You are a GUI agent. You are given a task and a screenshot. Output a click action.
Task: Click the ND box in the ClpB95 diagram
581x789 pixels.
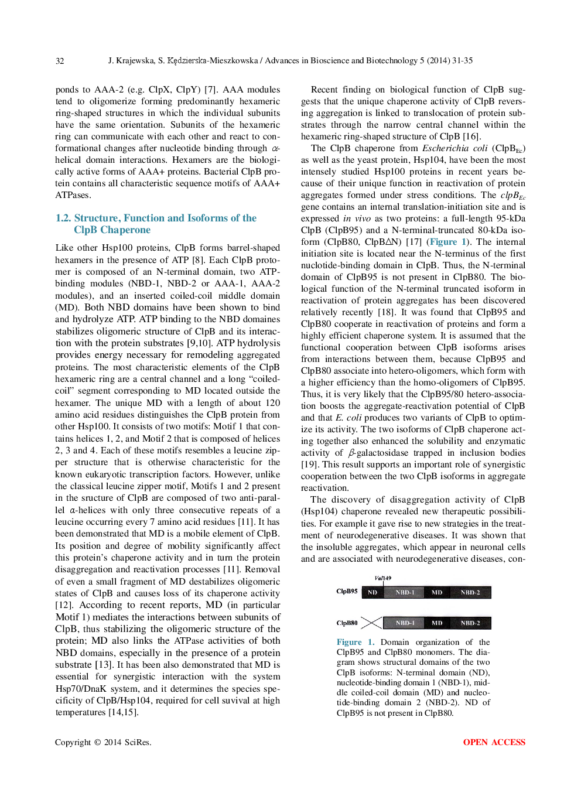[372, 592]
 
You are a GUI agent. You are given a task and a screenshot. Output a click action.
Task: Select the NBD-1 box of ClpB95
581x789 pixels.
[405, 592]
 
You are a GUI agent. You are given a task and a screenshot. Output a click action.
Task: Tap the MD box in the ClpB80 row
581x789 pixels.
[437, 623]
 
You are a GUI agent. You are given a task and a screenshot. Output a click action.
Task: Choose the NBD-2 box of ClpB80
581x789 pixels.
[470, 623]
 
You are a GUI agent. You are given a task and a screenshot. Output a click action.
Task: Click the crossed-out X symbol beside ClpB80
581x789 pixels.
[371, 623]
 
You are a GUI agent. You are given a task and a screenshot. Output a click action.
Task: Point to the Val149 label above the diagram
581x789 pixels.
[383, 578]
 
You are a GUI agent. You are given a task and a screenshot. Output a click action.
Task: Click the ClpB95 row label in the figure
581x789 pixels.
[347, 592]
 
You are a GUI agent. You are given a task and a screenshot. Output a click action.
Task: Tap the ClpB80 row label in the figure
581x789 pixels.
[347, 623]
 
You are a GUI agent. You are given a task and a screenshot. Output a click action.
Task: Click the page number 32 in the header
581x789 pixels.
[60, 61]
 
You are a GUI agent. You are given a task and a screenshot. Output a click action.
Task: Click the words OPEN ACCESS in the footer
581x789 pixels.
[494, 742]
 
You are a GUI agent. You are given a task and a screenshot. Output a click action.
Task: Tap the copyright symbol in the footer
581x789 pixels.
[97, 742]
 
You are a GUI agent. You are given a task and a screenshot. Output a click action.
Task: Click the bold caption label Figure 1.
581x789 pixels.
[355, 642]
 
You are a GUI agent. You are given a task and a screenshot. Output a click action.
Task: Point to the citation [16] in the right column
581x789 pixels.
[471, 136]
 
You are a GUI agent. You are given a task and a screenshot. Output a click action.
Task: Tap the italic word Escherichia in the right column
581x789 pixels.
[446, 148]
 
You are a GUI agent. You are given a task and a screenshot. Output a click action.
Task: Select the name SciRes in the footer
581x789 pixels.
[137, 742]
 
